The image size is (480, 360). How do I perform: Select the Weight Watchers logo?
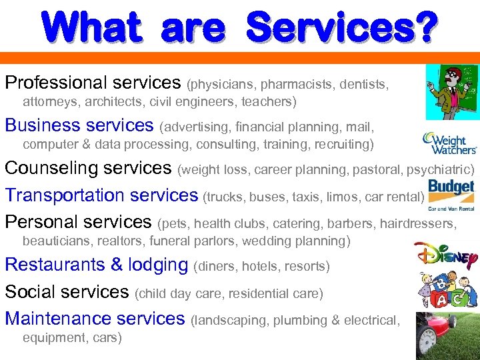click(450, 142)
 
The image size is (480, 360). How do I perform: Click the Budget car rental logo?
click(451, 194)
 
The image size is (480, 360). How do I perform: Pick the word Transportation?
click(63, 195)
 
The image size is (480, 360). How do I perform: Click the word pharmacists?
click(297, 85)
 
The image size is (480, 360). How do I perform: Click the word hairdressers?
click(418, 223)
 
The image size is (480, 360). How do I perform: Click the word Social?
click(32, 292)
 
